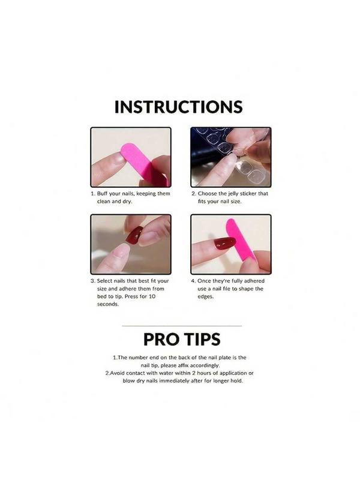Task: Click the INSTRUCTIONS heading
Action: [178, 107]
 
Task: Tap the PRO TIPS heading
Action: [182, 339]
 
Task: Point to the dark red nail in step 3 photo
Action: [133, 234]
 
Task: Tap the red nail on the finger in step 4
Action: [224, 243]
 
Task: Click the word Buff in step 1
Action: [102, 194]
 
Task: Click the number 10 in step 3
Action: [152, 296]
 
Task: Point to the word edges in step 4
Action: [205, 296]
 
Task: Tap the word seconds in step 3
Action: [108, 304]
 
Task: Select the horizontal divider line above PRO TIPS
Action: [182, 326]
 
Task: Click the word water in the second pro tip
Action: [167, 373]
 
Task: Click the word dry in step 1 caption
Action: [127, 202]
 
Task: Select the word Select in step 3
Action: [104, 281]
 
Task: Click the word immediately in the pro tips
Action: [173, 381]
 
